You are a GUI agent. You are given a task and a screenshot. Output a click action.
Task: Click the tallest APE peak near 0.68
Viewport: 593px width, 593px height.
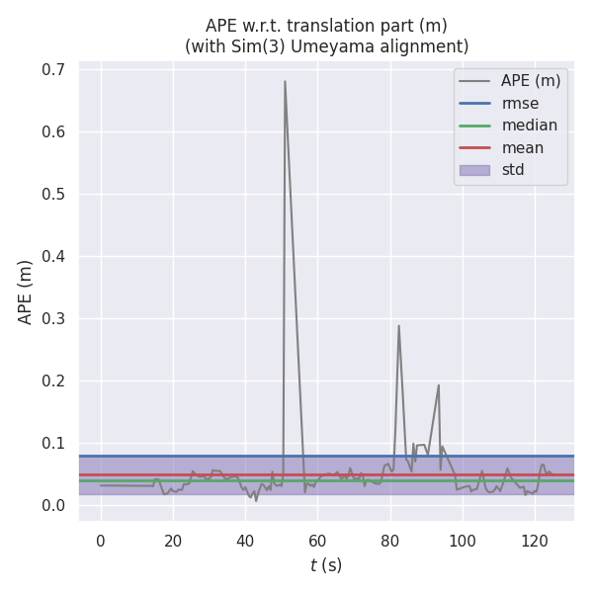point(285,81)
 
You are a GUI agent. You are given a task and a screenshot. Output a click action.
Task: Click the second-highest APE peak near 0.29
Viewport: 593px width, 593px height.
point(398,325)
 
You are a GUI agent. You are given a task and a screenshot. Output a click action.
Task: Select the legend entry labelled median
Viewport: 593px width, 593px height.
point(530,126)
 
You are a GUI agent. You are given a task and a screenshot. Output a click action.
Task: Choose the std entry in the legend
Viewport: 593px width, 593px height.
point(513,170)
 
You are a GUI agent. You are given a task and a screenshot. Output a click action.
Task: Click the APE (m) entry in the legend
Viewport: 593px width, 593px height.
point(531,81)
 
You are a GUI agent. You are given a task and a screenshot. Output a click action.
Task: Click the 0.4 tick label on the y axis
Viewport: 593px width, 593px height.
point(53,256)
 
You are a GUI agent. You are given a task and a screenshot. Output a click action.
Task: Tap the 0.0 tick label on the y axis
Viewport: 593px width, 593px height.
point(53,505)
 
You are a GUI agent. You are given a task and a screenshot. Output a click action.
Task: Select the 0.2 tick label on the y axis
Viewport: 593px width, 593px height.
point(53,381)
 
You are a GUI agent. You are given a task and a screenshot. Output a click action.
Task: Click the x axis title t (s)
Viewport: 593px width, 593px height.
point(325,565)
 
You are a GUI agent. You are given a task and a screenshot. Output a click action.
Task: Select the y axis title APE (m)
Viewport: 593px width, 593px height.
point(26,292)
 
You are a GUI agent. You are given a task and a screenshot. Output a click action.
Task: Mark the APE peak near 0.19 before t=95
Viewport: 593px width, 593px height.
point(439,384)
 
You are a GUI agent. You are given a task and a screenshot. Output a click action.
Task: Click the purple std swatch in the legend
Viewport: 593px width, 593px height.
point(473,170)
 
